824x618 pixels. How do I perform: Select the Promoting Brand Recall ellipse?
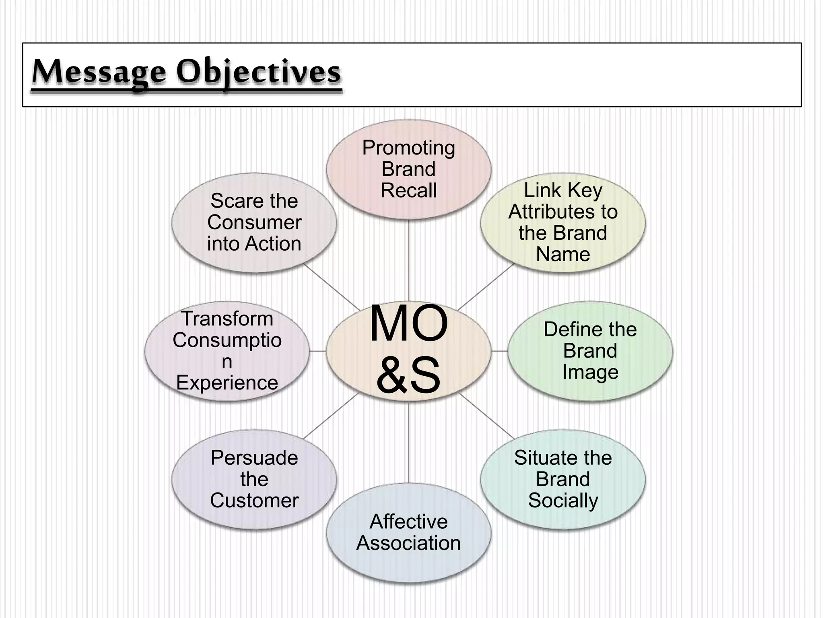[x=408, y=169]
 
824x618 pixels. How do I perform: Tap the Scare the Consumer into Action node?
[x=254, y=222]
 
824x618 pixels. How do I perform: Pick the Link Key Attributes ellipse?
[x=562, y=222]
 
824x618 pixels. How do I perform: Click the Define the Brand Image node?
[x=590, y=351]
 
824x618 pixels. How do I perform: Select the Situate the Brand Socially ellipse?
[x=562, y=479]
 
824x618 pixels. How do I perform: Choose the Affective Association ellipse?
[x=408, y=532]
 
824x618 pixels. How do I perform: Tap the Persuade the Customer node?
[x=254, y=479]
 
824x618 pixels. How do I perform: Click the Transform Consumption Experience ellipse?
[x=227, y=351]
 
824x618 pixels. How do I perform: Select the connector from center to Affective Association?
[x=409, y=443]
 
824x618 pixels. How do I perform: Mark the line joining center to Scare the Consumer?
[x=332, y=287]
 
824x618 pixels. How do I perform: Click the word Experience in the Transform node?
[x=227, y=383]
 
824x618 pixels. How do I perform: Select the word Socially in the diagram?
[x=562, y=501]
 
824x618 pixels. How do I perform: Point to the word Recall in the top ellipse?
[x=408, y=190]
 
